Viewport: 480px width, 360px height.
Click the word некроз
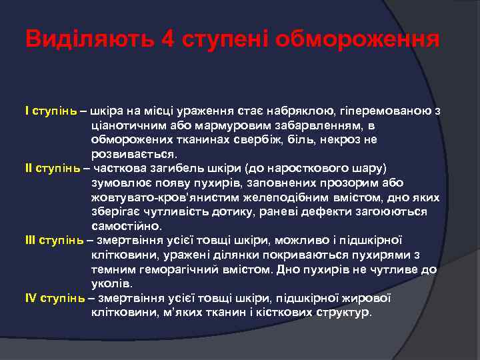coord(322,139)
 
